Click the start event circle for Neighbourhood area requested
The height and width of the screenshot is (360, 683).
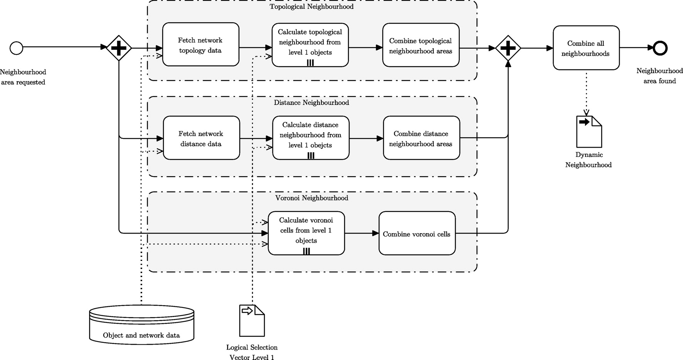tap(17, 49)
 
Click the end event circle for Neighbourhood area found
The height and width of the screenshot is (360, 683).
tap(660, 48)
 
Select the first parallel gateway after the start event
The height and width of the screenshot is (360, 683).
tap(119, 48)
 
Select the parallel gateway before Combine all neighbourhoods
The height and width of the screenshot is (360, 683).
tap(508, 48)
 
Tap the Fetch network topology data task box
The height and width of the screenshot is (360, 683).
tap(200, 45)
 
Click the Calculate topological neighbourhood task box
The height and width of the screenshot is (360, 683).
tap(310, 42)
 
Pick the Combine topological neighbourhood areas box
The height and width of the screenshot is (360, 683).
tap(421, 45)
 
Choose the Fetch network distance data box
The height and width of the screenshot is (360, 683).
tap(201, 138)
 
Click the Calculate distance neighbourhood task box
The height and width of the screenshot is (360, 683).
tap(310, 135)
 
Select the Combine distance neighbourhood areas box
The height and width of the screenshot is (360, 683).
tap(421, 138)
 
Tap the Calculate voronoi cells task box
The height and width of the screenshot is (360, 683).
tap(306, 230)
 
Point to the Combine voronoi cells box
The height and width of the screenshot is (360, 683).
tap(417, 233)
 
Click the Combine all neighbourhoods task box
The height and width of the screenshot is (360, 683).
tap(586, 48)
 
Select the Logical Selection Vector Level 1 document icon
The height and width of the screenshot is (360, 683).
tap(252, 321)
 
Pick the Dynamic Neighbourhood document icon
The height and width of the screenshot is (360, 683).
tap(589, 132)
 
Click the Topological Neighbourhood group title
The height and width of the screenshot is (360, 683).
tap(311, 7)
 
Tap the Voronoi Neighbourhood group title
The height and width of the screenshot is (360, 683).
tap(311, 198)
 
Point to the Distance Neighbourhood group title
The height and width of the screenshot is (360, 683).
tap(311, 103)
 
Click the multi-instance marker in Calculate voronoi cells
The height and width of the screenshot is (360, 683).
tap(306, 251)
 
